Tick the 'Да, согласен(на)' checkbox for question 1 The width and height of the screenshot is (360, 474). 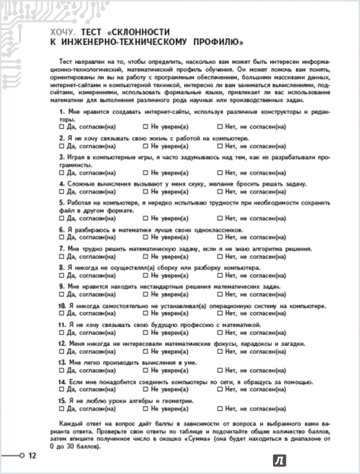(62, 127)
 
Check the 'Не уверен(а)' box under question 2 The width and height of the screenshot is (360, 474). (145, 145)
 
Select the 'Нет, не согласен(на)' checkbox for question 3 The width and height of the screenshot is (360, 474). (220, 173)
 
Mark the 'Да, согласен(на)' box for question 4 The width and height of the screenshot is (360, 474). (62, 191)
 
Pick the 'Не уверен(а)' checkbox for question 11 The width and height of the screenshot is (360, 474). (145, 333)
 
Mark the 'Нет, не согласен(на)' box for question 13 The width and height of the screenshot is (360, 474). (220, 370)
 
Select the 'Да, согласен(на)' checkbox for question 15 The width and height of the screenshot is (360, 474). (62, 409)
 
